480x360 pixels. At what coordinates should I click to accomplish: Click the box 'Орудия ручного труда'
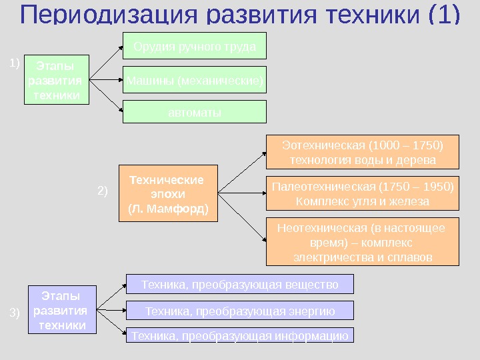[x=194, y=47]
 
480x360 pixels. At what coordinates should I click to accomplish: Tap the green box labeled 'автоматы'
[x=194, y=112]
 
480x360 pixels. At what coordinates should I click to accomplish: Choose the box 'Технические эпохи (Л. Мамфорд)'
[x=168, y=193]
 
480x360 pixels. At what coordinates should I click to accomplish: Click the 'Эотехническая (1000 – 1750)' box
[x=363, y=153]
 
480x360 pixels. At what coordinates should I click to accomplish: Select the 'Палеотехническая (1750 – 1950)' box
[x=363, y=193]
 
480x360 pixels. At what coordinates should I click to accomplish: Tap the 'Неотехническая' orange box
[x=363, y=241]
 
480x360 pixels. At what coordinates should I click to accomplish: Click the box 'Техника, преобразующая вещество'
[x=240, y=285]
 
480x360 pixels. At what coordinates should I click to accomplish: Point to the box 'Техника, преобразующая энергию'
[x=240, y=311]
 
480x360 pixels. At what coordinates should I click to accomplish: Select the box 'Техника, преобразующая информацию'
[x=240, y=335]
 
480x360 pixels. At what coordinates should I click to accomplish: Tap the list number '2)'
[x=103, y=191]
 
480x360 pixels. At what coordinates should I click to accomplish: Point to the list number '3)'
[x=15, y=311]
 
